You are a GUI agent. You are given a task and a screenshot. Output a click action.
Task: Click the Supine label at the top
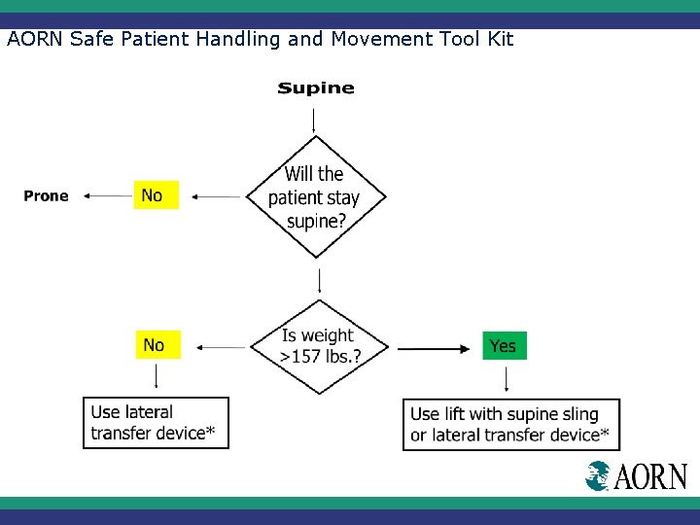[316, 88]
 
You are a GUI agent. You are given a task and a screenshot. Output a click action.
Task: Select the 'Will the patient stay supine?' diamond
[314, 196]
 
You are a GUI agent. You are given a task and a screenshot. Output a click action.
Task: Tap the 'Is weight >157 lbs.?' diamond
[320, 346]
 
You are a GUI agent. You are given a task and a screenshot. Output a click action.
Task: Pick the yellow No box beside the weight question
[156, 345]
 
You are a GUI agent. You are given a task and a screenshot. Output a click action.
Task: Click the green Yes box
[504, 346]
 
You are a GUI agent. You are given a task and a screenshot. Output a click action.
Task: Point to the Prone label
[47, 196]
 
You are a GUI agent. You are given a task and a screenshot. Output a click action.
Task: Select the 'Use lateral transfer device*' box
[156, 423]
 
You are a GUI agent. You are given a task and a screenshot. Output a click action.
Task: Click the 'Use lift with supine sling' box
[510, 424]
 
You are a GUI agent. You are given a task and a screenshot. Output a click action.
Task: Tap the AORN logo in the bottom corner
[636, 476]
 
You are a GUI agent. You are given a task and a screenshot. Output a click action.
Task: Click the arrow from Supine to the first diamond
[313, 120]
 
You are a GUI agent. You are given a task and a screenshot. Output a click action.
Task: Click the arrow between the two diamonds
[320, 281]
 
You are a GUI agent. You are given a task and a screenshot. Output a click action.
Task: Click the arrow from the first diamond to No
[215, 196]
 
